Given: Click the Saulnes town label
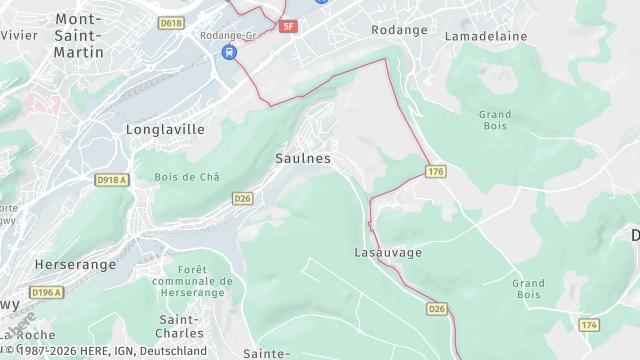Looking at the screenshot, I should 302,158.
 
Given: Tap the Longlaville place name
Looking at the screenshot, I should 165,129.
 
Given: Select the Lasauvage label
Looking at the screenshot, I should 388,252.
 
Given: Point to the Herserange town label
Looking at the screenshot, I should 75,265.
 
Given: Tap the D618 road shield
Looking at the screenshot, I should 171,22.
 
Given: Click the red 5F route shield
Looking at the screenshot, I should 289,26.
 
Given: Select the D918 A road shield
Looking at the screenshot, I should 113,179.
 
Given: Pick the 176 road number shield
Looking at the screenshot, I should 435,172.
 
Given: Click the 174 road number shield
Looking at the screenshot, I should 589,326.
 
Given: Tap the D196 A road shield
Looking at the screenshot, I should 46,292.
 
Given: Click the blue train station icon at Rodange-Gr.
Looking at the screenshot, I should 230,52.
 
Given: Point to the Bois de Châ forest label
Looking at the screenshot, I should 187,177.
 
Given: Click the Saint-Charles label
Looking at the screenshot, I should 181,325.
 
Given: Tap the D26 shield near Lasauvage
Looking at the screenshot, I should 437,309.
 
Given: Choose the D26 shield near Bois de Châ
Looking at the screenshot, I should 243,198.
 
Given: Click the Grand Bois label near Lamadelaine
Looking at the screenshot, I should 495,121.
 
